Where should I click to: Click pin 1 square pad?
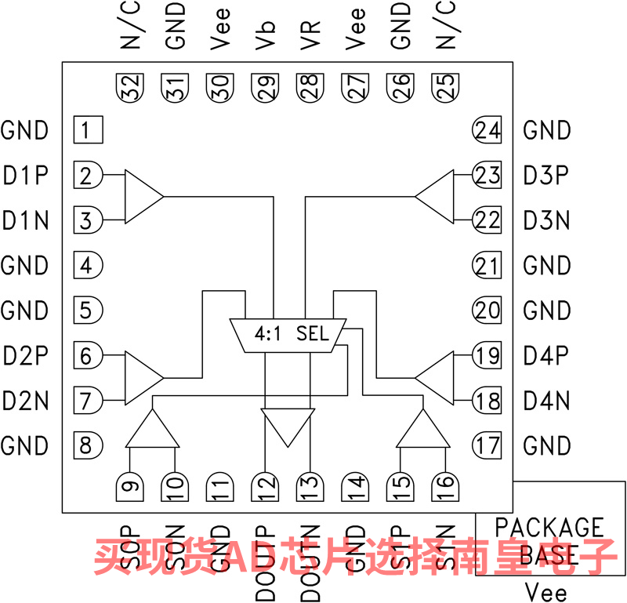[x=88, y=129]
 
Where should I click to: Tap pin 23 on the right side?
[x=487, y=175]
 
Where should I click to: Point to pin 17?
[x=487, y=446]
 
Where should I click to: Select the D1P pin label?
[x=26, y=176]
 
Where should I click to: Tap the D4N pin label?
[x=546, y=402]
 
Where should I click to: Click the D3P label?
[x=546, y=176]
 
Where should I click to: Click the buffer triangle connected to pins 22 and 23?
[x=436, y=196]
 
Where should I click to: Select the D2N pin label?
[x=26, y=402]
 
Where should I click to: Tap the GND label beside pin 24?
[x=546, y=130]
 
